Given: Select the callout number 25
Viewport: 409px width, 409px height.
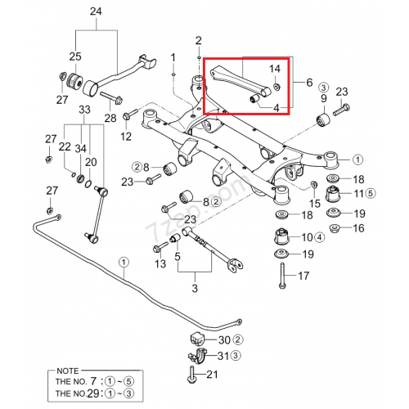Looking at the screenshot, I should pyautogui.click(x=75, y=56).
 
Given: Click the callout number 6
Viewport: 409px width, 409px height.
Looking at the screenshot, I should pyautogui.click(x=308, y=83).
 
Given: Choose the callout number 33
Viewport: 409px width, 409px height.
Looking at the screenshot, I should pyautogui.click(x=84, y=110).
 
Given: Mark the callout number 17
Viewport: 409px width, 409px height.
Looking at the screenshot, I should pyautogui.click(x=303, y=276).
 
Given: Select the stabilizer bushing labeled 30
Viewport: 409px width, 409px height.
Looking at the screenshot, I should pyautogui.click(x=197, y=339).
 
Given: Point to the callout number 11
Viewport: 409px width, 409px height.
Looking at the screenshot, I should pyautogui.click(x=357, y=193).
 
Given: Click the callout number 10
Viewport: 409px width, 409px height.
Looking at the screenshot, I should pyautogui.click(x=306, y=237).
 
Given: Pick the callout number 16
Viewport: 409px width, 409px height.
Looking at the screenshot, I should pyautogui.click(x=357, y=229).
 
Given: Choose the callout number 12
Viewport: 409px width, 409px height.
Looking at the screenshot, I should pyautogui.click(x=126, y=136).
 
